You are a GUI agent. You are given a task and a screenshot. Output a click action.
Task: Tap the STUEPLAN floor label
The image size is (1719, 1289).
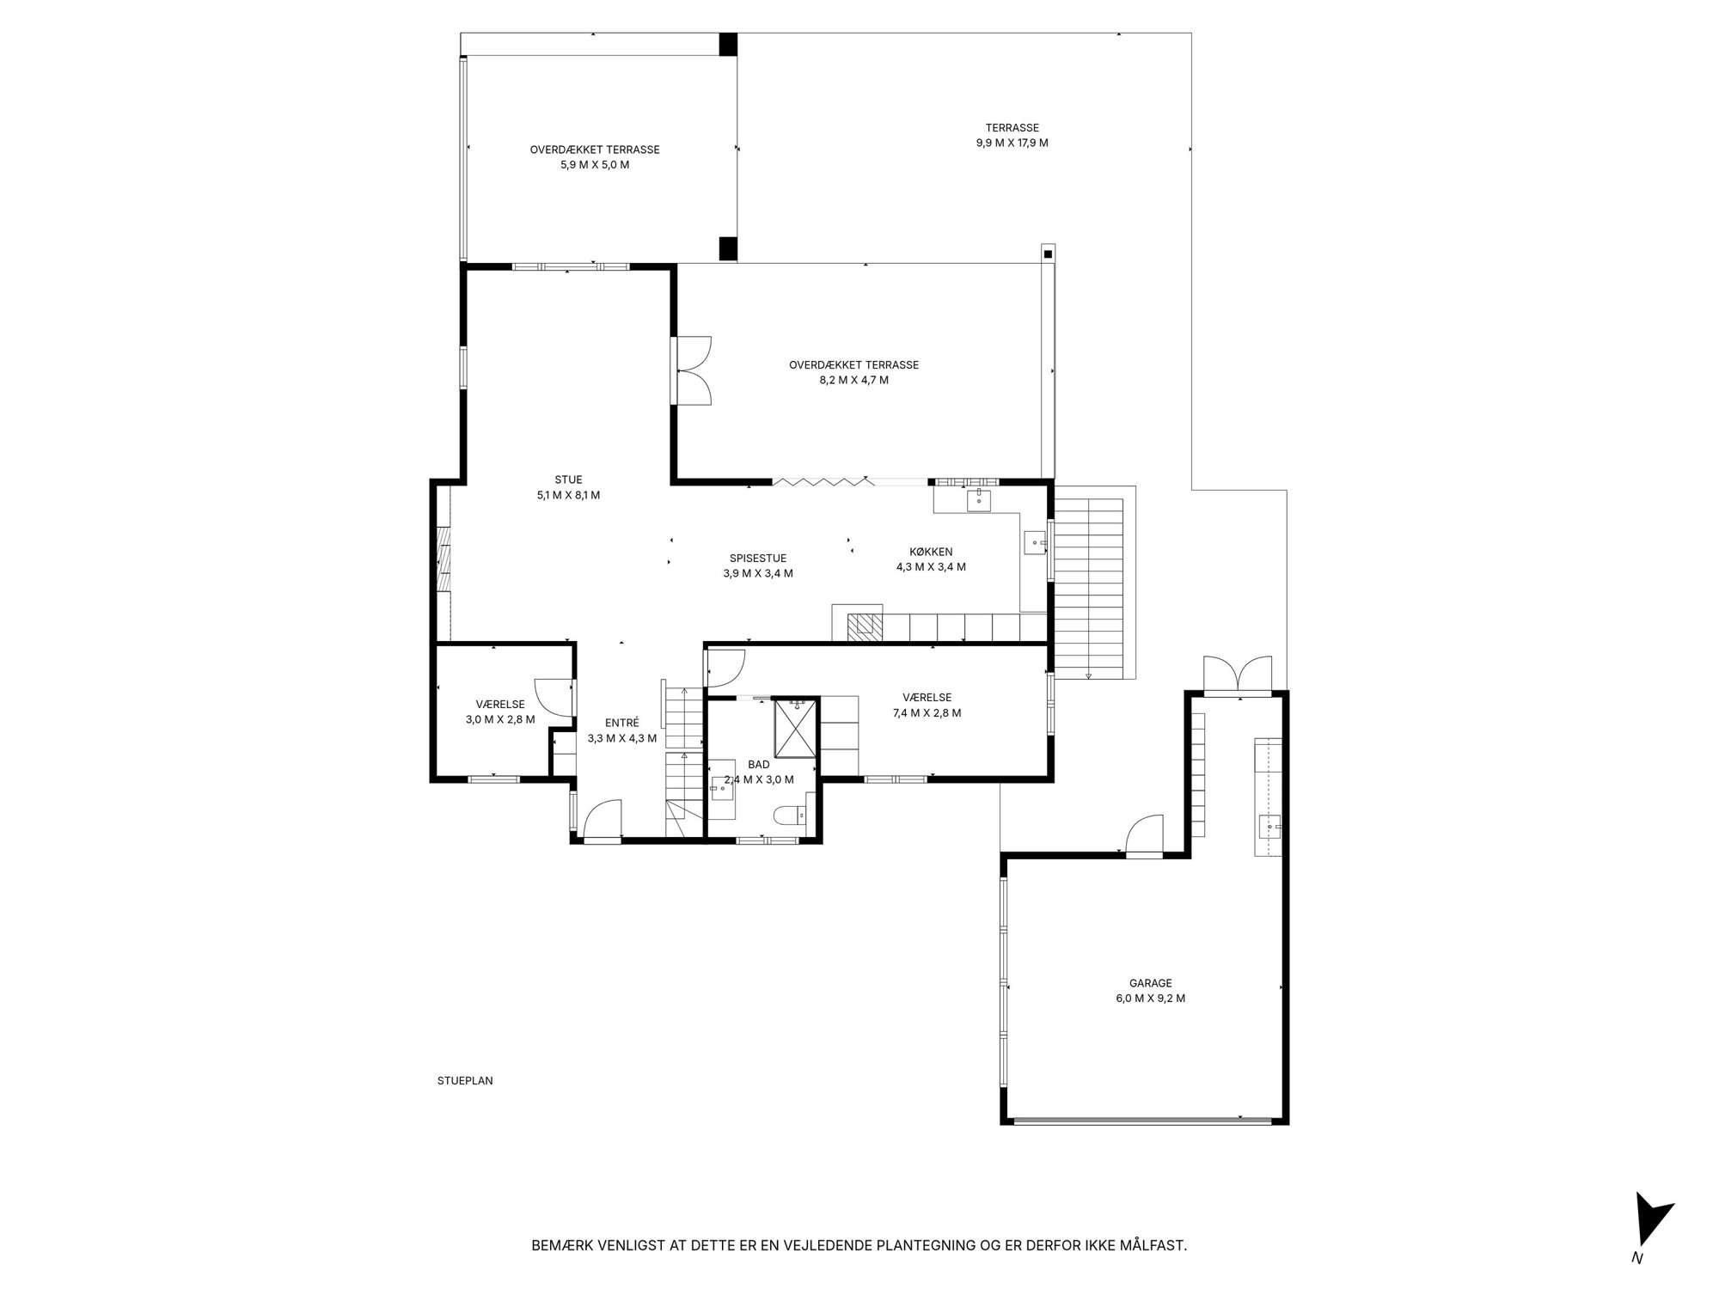(465, 1081)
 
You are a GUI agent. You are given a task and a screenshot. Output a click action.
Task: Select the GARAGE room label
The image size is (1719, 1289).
(1150, 983)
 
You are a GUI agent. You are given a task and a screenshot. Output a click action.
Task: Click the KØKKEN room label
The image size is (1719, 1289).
(931, 552)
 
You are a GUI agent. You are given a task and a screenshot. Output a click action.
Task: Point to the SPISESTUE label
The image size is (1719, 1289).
(758, 558)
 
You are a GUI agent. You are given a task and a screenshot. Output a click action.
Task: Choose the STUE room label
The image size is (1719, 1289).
(568, 480)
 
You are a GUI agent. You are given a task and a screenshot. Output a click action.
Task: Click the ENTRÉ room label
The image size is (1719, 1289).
(621, 723)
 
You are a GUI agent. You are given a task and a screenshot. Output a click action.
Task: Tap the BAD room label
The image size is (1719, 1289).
(759, 764)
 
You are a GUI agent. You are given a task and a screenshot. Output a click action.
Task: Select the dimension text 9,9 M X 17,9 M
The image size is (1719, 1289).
(1012, 143)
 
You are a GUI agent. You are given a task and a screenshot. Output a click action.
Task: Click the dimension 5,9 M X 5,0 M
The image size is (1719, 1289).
(595, 164)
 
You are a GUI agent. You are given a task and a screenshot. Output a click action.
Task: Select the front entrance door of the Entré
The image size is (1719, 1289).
(603, 819)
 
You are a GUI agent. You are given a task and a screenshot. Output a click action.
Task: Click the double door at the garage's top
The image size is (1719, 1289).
(1238, 674)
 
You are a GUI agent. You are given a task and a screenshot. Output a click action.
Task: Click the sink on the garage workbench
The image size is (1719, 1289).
(1269, 827)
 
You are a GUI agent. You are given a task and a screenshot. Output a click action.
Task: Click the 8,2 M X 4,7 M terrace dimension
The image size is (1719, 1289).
(853, 380)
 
